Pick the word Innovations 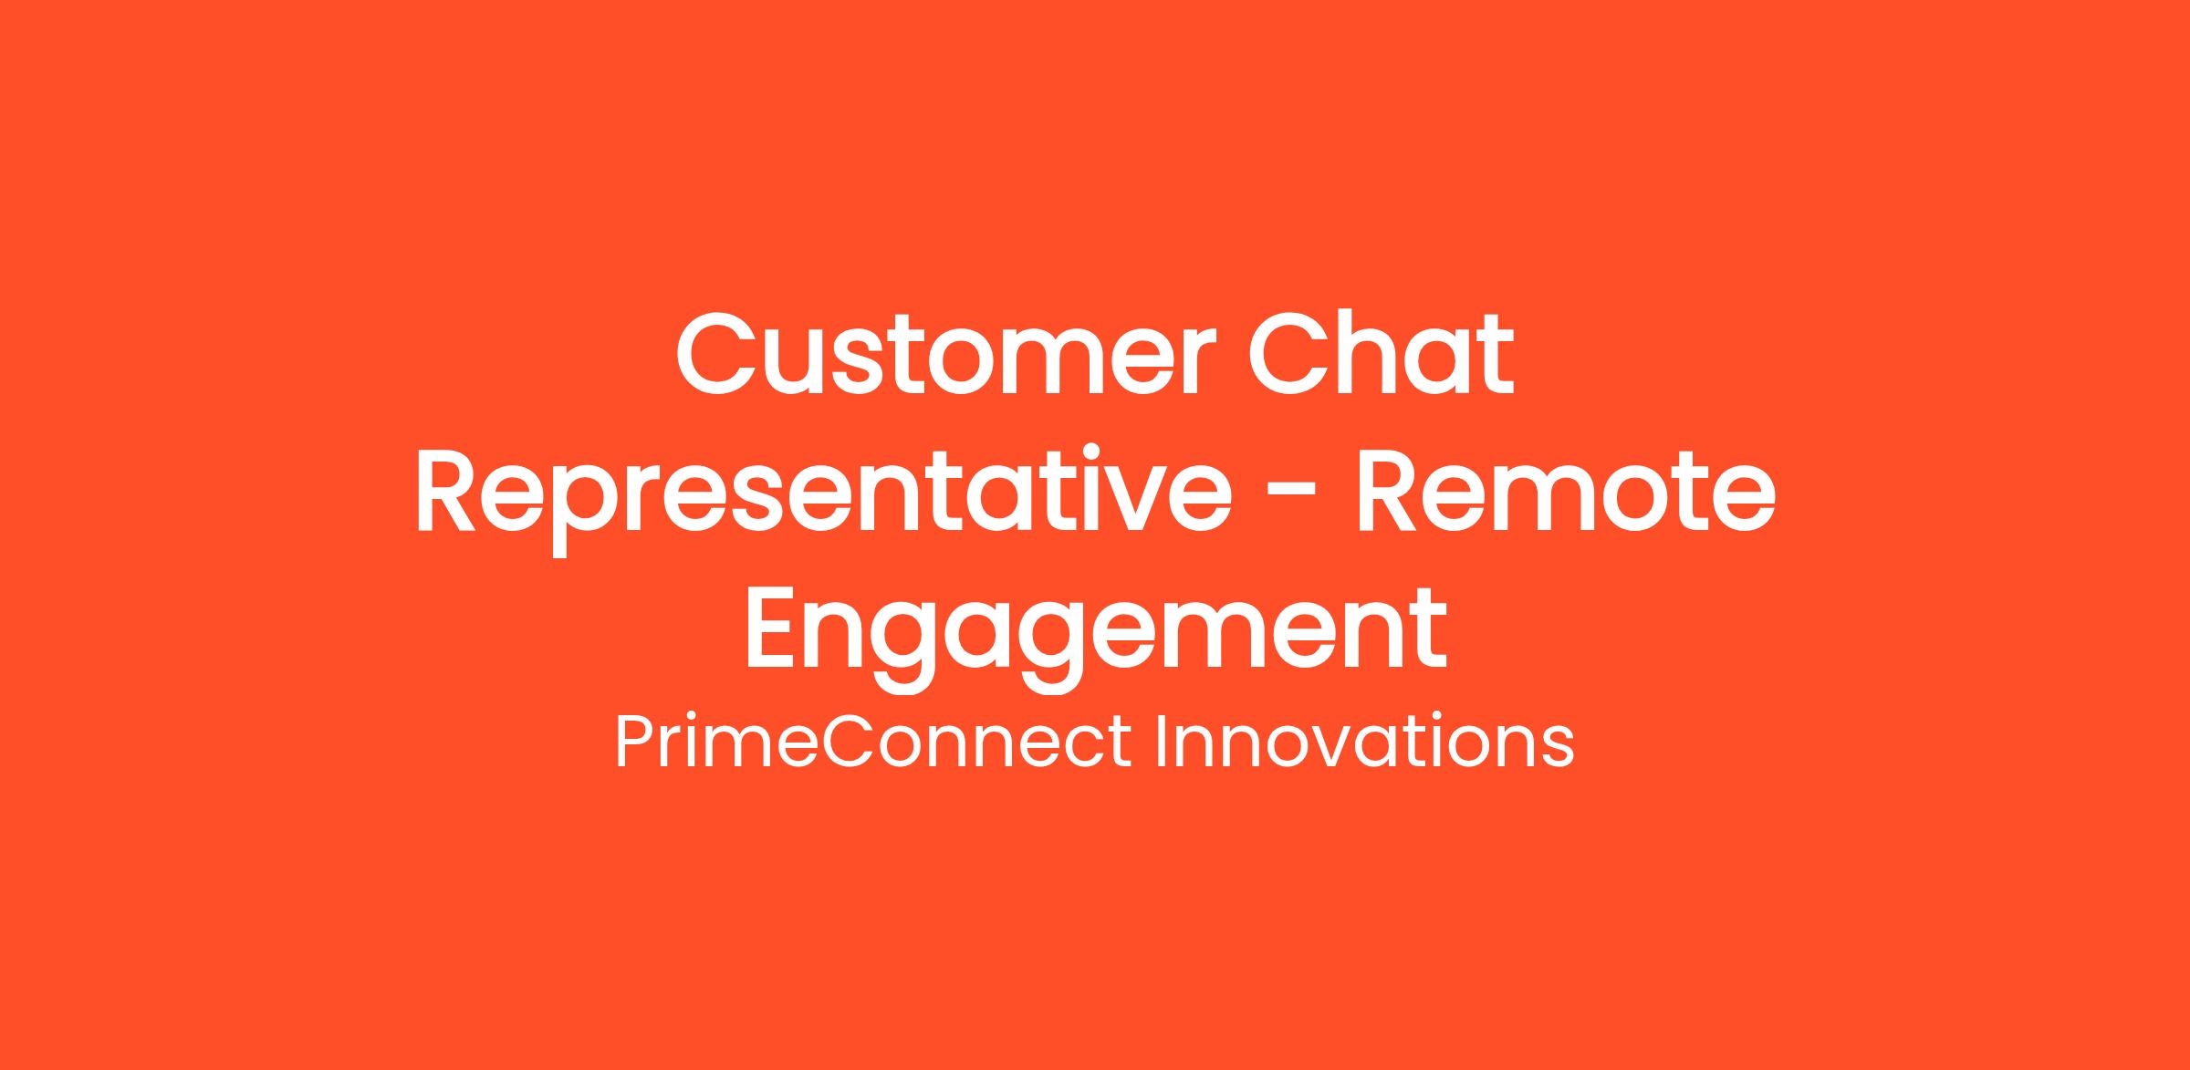(1365, 743)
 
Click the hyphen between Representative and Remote (1294, 497)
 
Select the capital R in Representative (446, 493)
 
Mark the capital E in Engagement (771, 630)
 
